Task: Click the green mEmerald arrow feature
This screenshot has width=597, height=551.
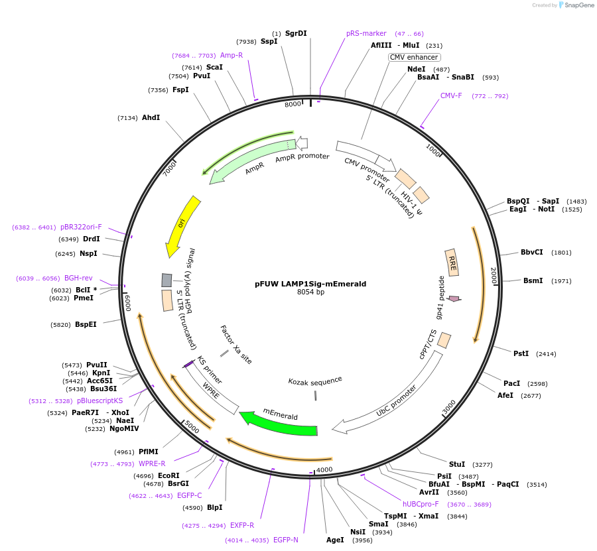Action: point(279,423)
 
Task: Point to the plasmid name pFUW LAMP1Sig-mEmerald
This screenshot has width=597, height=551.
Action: point(310,284)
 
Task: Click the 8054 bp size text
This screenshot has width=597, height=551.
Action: point(310,292)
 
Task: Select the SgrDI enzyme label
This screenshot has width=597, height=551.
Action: point(296,33)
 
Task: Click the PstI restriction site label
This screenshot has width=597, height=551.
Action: point(521,353)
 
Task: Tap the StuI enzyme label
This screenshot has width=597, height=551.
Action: point(457,464)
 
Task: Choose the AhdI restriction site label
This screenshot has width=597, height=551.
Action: point(151,117)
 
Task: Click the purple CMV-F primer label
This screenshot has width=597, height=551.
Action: point(451,95)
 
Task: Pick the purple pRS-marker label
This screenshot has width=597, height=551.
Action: point(366,33)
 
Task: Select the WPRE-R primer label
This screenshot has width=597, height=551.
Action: point(153,463)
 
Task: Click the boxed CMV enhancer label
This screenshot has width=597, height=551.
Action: point(415,57)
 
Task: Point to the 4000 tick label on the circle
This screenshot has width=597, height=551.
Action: point(324,470)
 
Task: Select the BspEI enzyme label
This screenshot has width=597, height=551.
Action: point(86,324)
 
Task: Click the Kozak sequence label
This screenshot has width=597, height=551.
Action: point(315,381)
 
